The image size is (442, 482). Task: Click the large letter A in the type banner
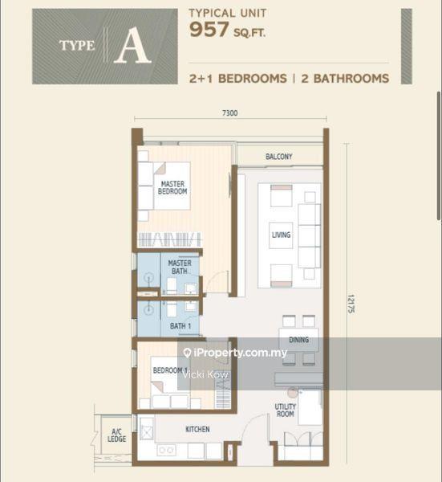132,45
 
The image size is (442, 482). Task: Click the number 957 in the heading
209,30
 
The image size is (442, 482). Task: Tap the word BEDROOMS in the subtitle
253,79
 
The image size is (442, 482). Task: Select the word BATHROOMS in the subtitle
351,79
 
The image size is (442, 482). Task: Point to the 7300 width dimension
230,113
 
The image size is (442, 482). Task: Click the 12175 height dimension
351,304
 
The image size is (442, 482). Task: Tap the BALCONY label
278,157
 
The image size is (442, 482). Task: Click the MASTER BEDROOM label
172,187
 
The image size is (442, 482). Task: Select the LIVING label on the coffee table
281,235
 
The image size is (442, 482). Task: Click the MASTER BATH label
180,268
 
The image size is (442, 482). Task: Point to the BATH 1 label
180,326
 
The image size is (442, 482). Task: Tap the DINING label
298,340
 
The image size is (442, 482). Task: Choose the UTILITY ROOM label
285,410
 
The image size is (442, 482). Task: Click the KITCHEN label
197,429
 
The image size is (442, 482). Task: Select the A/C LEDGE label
116,435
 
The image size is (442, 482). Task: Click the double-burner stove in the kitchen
166,450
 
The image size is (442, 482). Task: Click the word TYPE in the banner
77,46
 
